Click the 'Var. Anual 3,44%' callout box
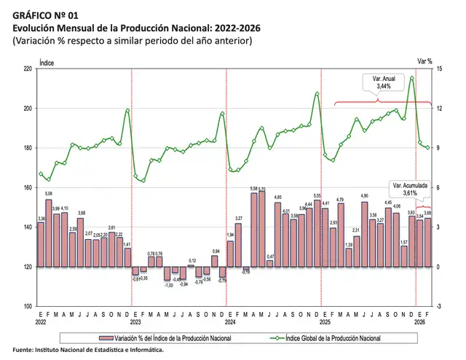pos(383,82)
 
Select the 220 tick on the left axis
pos(28,69)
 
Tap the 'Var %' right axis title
pos(425,62)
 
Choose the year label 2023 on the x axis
pos(135,321)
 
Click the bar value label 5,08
pos(48,195)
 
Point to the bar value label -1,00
pos(167,285)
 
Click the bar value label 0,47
pos(270,257)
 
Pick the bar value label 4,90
pos(365,196)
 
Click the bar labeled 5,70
pos(262,229)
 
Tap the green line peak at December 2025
pos(412,77)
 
